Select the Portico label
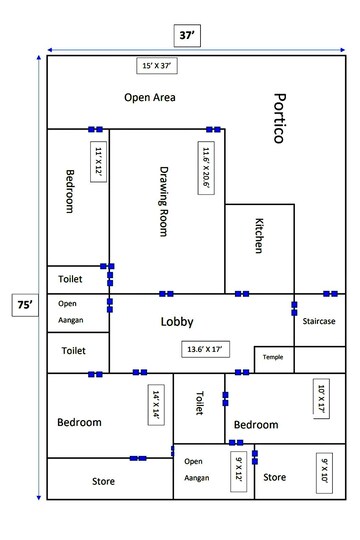pos(279,119)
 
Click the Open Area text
pos(150,97)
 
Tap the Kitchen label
pos(258,236)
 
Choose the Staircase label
pos(319,321)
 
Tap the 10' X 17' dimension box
pos(321,400)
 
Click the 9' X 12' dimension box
pos(238,469)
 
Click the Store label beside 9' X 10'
pos(275,478)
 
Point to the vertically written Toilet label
pos(200,403)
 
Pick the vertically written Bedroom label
pos(70,190)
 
